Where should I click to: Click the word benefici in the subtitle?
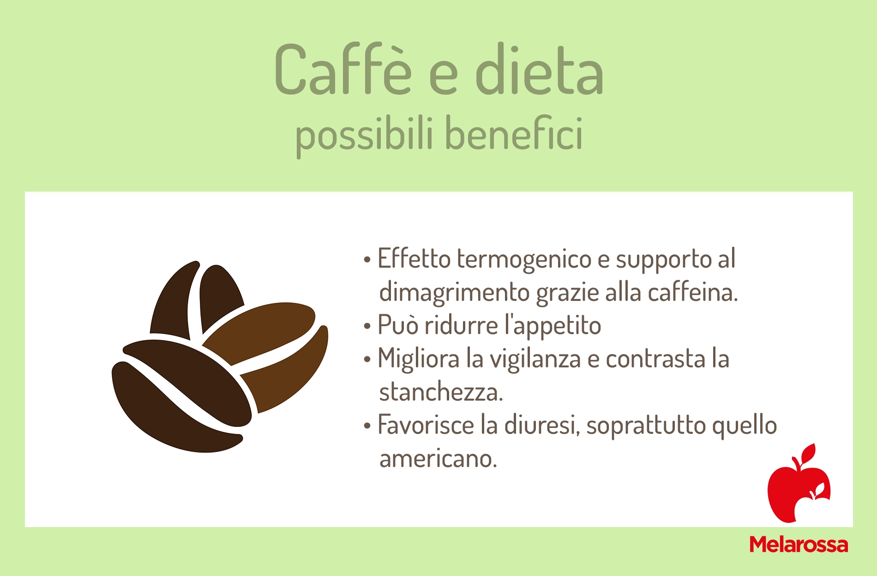pyautogui.click(x=514, y=133)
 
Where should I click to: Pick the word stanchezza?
pyautogui.click(x=441, y=392)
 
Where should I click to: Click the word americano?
pyautogui.click(x=438, y=459)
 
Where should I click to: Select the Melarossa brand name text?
pyautogui.click(x=799, y=545)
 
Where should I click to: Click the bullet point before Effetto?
pyautogui.click(x=367, y=260)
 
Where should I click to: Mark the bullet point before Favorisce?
pyautogui.click(x=367, y=426)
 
